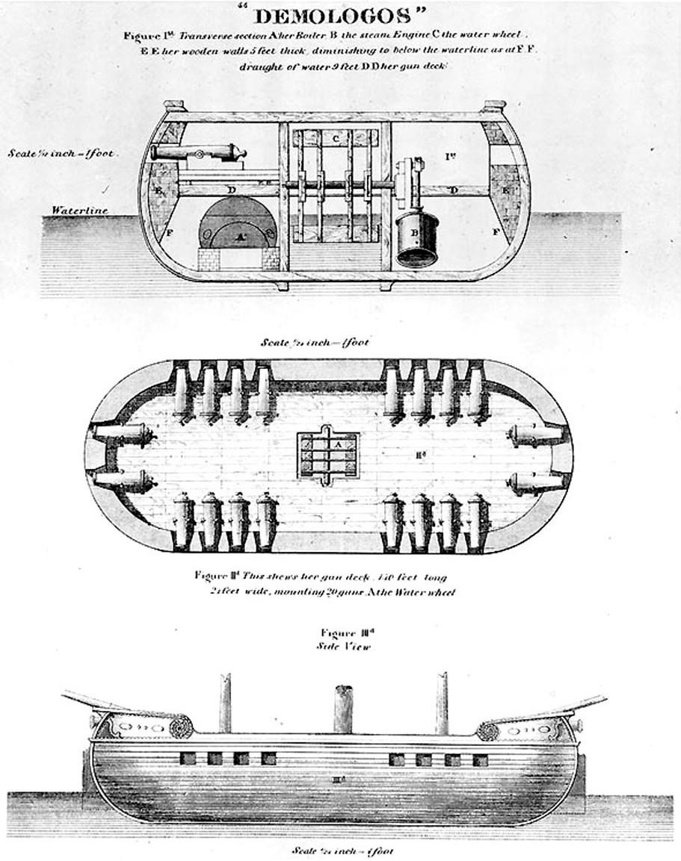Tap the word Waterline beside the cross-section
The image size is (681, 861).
[x=79, y=211]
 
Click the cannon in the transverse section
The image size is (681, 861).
[x=198, y=153]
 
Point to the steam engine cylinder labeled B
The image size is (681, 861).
[x=416, y=237]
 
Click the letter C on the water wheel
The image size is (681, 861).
[x=336, y=138]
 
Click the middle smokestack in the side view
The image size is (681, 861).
[x=342, y=709]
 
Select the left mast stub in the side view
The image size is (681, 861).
[x=225, y=703]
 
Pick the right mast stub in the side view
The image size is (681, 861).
[x=442, y=703]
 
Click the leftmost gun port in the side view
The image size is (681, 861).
[x=188, y=758]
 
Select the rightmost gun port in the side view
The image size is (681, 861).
[x=480, y=760]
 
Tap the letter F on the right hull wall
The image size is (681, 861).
[x=496, y=232]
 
